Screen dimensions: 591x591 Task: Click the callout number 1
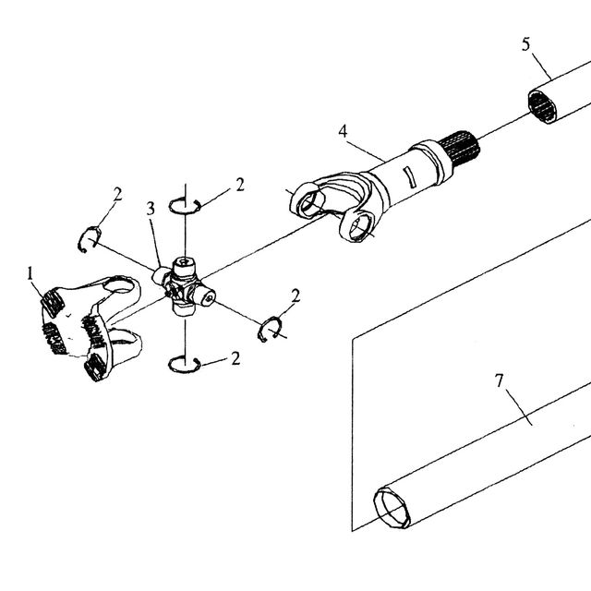[30, 273]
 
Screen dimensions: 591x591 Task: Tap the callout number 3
[151, 209]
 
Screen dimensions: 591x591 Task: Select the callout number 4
[343, 131]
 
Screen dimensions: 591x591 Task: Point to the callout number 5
[525, 44]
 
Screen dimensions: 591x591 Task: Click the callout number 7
[499, 380]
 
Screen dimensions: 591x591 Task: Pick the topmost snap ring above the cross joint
[185, 206]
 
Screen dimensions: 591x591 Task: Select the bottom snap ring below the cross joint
[184, 365]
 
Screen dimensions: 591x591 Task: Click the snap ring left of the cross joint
[90, 239]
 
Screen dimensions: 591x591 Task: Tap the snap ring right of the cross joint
[271, 329]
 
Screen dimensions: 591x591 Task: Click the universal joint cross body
[184, 286]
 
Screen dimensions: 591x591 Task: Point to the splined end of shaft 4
[460, 149]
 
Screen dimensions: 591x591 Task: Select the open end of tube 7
[392, 508]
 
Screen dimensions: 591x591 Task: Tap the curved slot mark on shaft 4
[408, 176]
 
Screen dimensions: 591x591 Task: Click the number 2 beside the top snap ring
[240, 185]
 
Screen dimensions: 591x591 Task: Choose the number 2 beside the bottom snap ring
[235, 358]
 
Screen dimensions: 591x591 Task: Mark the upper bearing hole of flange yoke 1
[119, 285]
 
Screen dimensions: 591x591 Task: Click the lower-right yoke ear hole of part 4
[357, 226]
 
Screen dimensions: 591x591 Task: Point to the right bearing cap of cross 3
[207, 296]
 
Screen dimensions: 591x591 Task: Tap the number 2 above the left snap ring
[117, 195]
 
